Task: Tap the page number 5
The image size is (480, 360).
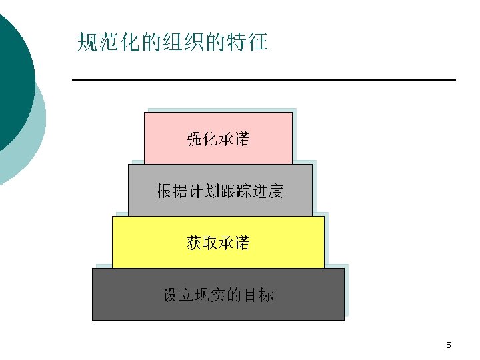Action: point(449,345)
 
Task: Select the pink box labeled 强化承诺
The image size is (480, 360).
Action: point(218,139)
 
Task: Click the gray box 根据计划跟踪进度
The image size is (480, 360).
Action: point(220,191)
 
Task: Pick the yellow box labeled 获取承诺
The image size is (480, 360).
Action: point(218,243)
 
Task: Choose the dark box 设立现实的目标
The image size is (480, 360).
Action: point(218,295)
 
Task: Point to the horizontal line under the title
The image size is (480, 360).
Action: point(263,80)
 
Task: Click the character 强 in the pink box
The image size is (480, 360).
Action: point(194,139)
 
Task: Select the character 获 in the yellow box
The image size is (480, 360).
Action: point(194,243)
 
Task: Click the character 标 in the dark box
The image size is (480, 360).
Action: point(266,295)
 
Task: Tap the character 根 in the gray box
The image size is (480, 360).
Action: point(164,192)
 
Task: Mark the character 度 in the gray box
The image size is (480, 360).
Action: point(276,192)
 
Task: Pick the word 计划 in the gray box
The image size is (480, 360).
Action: point(204,192)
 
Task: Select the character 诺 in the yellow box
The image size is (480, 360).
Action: point(242,243)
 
